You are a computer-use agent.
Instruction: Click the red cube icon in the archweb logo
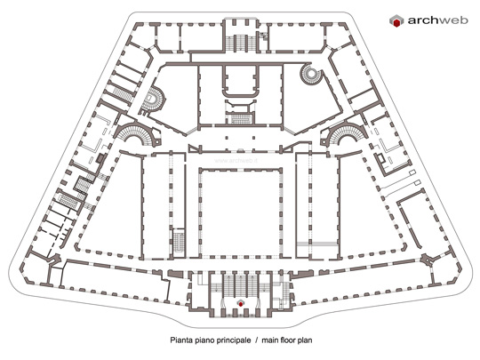coord(396,21)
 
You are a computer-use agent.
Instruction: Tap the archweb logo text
coord(437,20)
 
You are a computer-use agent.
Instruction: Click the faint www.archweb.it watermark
coord(236,160)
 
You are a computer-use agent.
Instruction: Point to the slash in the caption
coord(257,340)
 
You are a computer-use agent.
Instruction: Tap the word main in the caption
coord(269,340)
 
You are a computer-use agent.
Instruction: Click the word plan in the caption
coord(304,340)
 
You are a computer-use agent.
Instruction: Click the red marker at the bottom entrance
coord(241,303)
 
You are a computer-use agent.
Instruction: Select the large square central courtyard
coord(240,212)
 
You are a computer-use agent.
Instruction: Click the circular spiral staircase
coord(311,74)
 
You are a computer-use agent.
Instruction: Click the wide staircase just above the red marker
coord(241,285)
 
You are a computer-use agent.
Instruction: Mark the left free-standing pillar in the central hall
coord(227,138)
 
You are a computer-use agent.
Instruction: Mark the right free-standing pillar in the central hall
coord(253,138)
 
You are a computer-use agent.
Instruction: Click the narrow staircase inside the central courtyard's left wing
coord(178,242)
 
